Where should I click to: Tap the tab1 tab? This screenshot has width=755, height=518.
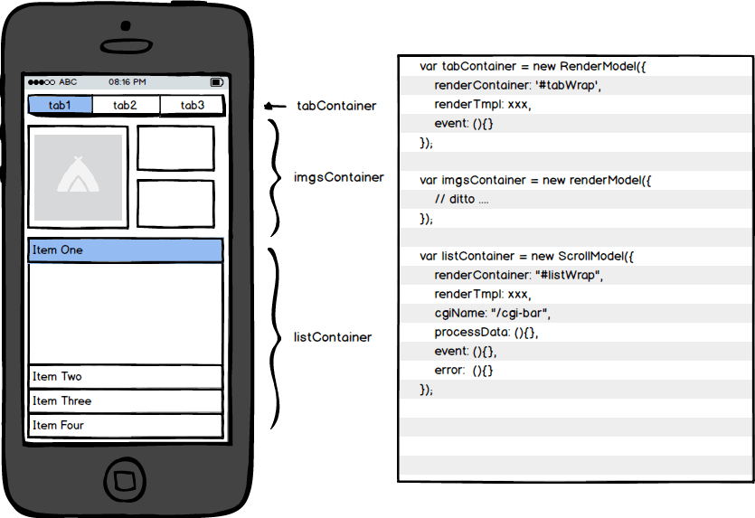[x=61, y=105]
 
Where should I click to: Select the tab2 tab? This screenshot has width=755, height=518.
[x=126, y=105]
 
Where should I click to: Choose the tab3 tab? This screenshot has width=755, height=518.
[x=192, y=105]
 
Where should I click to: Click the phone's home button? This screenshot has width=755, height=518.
[x=125, y=480]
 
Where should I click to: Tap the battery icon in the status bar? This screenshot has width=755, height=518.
[x=217, y=82]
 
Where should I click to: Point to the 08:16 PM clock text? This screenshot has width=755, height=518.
[x=127, y=82]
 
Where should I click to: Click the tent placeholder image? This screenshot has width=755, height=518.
[x=78, y=176]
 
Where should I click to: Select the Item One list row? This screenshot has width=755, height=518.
[x=126, y=250]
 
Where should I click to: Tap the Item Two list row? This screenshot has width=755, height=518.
[x=126, y=376]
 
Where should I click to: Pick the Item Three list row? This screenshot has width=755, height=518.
[x=126, y=401]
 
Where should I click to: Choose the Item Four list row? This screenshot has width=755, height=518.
[x=126, y=426]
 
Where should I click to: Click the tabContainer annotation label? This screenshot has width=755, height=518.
[x=336, y=106]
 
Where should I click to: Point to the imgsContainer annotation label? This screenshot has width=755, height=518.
[x=339, y=178]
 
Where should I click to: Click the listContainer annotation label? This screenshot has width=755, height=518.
[x=333, y=337]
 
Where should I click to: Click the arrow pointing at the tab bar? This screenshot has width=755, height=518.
[x=275, y=106]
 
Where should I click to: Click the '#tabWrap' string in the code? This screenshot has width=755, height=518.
[x=568, y=85]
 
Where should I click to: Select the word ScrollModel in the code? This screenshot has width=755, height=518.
[x=596, y=256]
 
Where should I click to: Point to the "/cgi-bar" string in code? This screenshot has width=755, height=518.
[x=521, y=313]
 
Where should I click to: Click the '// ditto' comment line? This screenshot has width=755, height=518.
[x=461, y=199]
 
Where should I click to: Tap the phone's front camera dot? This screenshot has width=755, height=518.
[x=126, y=25]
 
